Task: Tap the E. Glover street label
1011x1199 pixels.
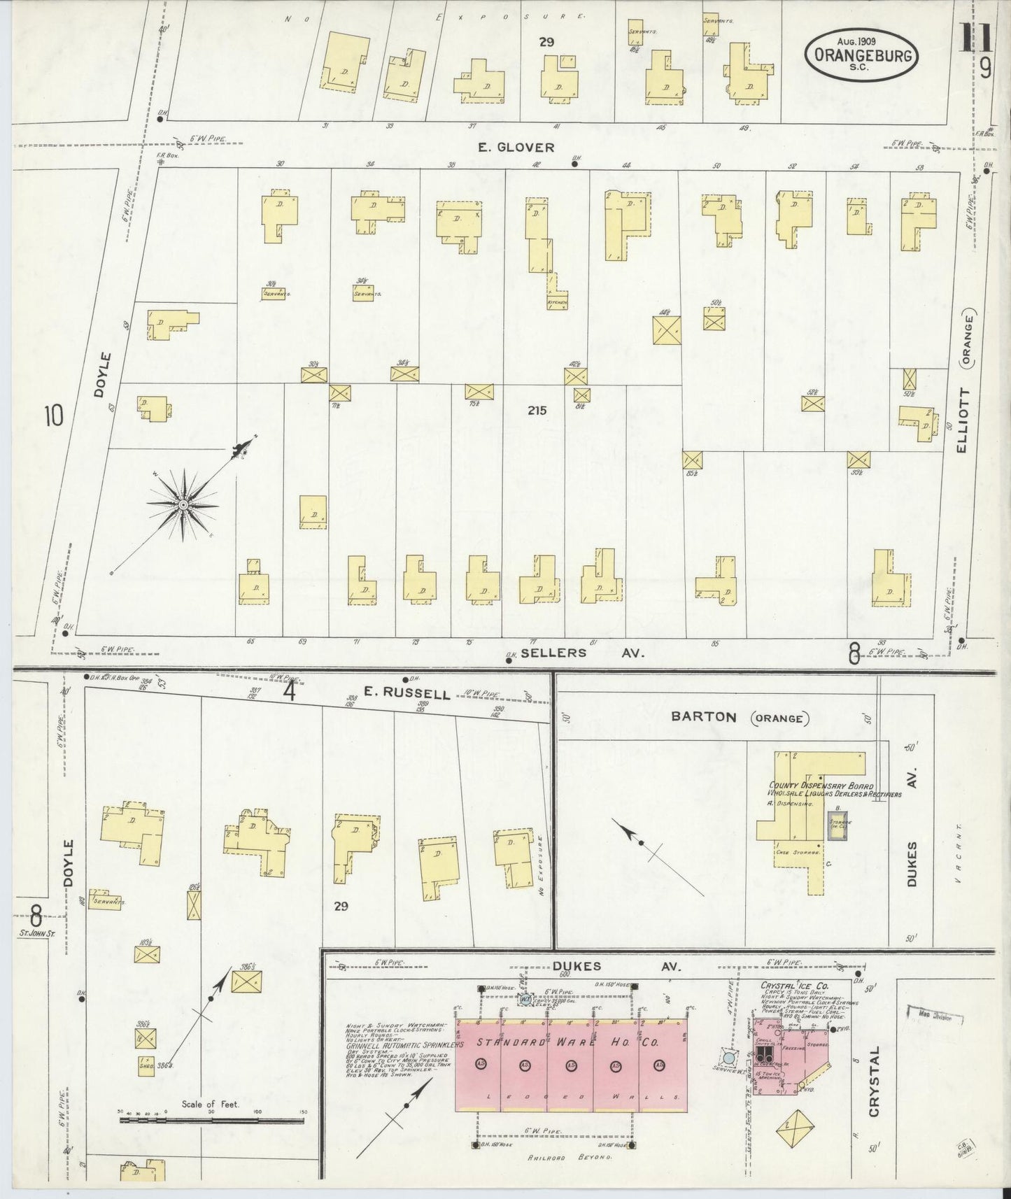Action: (x=516, y=148)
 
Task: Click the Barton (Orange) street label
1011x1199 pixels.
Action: (x=738, y=717)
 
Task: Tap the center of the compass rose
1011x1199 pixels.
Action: (x=183, y=504)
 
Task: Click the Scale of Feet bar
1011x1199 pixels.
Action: (x=212, y=1119)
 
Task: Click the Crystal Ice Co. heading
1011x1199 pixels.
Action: (x=795, y=986)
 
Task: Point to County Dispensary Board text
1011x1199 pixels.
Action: (x=821, y=786)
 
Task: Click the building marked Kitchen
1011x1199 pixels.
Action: (x=557, y=301)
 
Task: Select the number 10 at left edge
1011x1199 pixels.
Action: (x=54, y=416)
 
